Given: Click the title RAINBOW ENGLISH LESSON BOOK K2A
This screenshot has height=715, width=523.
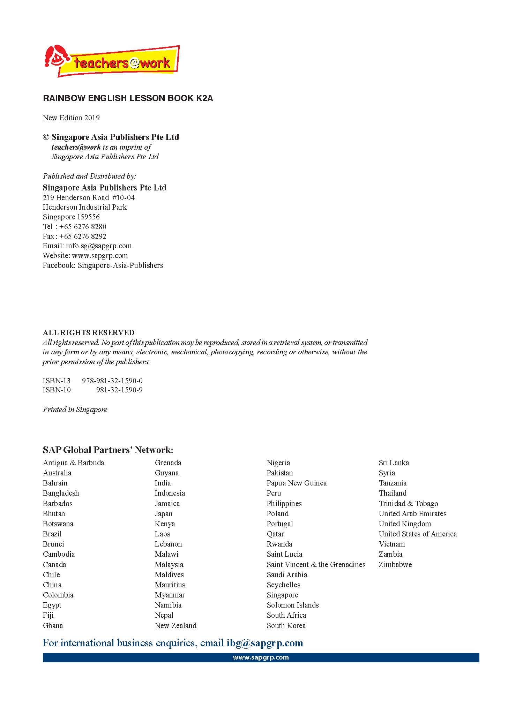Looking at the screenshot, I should pyautogui.click(x=128, y=98).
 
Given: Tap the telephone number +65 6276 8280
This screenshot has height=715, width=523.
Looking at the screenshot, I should pyautogui.click(x=83, y=227).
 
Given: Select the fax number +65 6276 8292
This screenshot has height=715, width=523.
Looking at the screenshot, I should pyautogui.click(x=83, y=236).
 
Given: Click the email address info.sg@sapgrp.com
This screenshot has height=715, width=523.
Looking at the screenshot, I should pyautogui.click(x=99, y=246).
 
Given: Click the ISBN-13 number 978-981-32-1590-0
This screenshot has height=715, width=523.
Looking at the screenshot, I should pyautogui.click(x=112, y=381).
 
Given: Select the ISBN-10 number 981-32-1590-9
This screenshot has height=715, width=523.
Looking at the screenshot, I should pyautogui.click(x=119, y=390).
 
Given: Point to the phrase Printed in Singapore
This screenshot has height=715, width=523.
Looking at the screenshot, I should pyautogui.click(x=75, y=409).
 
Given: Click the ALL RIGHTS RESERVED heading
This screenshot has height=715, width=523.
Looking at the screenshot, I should pyautogui.click(x=89, y=333).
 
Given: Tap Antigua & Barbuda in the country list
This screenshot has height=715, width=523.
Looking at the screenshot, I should pyautogui.click(x=74, y=463).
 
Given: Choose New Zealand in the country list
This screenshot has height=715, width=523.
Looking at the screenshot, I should pyautogui.click(x=175, y=626).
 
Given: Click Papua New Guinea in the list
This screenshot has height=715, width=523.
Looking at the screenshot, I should pyautogui.click(x=297, y=483).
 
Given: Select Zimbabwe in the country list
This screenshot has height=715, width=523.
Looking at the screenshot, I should pyautogui.click(x=395, y=565).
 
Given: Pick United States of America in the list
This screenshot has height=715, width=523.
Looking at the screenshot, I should pyautogui.click(x=418, y=534).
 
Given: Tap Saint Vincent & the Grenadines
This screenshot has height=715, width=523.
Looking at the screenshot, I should pyautogui.click(x=316, y=565).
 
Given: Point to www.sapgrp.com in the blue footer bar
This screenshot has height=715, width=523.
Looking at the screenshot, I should pyautogui.click(x=261, y=657).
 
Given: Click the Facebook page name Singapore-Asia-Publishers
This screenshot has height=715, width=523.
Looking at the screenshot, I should pyautogui.click(x=120, y=265).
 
